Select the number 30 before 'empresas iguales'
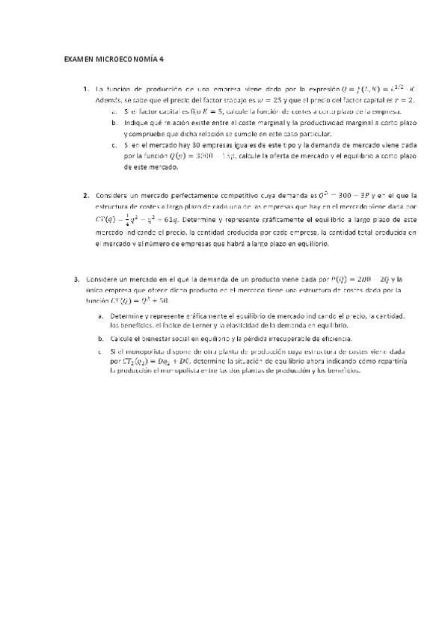[x=197, y=147]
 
